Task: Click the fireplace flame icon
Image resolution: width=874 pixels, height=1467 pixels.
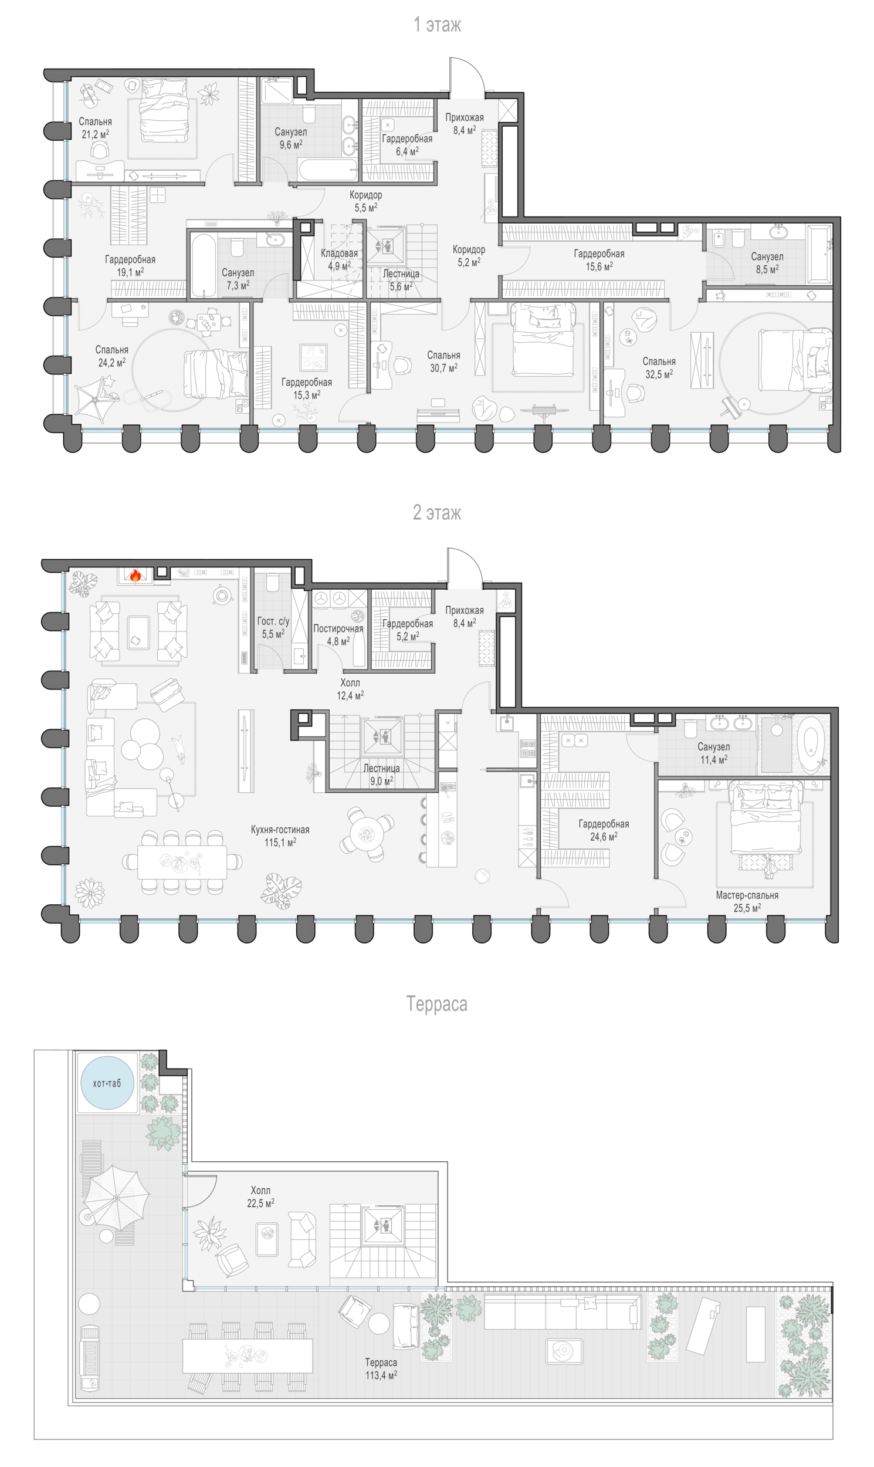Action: (x=135, y=576)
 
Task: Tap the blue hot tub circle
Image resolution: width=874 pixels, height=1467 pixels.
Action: (x=107, y=1083)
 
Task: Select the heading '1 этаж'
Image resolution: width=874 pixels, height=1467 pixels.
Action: (x=437, y=25)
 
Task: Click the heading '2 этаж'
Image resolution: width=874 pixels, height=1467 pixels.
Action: (x=437, y=512)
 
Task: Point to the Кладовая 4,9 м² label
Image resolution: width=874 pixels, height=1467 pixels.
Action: (x=339, y=259)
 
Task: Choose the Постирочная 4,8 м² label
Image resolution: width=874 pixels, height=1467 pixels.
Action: (x=338, y=634)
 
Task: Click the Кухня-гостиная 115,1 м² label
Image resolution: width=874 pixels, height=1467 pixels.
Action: (x=280, y=836)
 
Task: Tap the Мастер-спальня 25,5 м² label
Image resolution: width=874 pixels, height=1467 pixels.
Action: (x=747, y=901)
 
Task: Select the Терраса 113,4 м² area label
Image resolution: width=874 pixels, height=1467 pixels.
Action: (x=381, y=1368)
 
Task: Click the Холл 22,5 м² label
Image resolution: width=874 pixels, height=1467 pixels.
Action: (x=261, y=1196)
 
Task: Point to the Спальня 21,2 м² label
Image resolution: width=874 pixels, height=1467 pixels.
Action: (x=96, y=128)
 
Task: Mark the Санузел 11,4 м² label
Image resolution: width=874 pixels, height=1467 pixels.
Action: (x=714, y=753)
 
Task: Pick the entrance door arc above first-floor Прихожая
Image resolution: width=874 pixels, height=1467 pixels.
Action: (x=467, y=75)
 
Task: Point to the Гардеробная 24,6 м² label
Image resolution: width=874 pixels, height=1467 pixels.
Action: (x=604, y=830)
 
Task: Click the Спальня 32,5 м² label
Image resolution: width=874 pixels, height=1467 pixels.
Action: (x=659, y=368)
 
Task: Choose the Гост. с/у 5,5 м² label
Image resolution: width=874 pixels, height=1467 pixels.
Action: (x=273, y=627)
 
